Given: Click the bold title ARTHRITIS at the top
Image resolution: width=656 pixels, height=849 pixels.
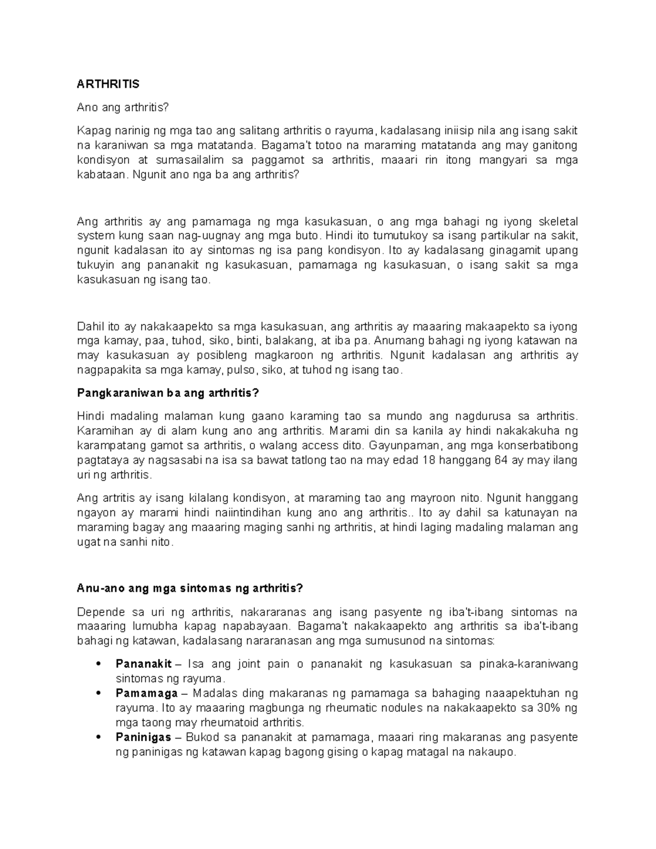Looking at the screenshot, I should (108, 84).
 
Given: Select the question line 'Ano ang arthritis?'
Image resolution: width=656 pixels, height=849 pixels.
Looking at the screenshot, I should (123, 108).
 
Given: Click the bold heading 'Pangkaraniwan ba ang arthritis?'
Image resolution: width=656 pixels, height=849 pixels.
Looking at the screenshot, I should (168, 393).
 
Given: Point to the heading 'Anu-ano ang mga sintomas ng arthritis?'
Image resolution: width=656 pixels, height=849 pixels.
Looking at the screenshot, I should (190, 588).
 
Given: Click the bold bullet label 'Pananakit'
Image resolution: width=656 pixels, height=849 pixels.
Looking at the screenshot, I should (144, 665).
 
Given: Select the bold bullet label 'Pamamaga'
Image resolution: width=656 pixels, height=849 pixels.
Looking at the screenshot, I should (147, 694).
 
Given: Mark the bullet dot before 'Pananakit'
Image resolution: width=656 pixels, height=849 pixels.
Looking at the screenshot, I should (98, 665).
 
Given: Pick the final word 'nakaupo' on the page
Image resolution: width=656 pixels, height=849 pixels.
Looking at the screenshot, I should (494, 752).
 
